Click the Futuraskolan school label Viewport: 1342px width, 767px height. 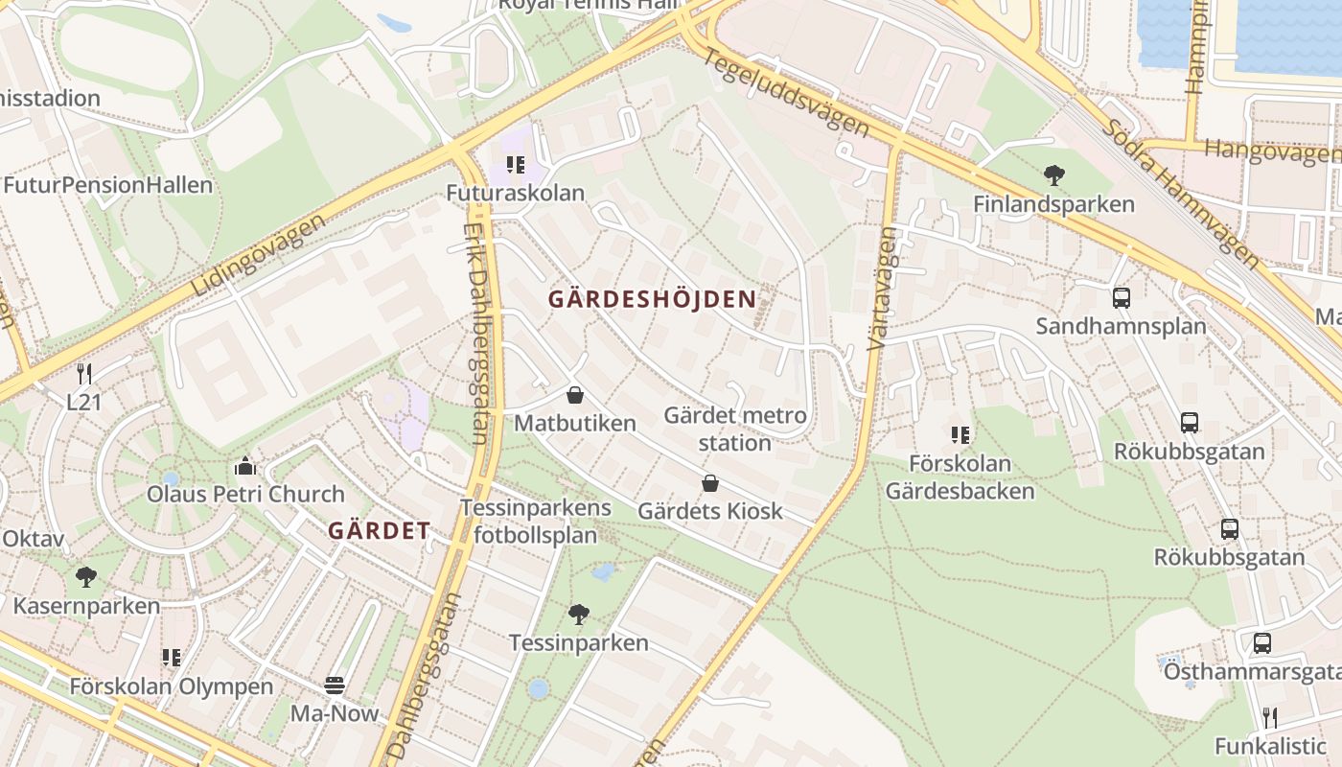click(515, 193)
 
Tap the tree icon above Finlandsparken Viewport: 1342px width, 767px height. click(1054, 174)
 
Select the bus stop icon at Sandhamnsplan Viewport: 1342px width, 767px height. click(1121, 297)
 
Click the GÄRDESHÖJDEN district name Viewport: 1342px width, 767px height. click(652, 299)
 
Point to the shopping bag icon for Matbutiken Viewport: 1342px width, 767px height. click(575, 394)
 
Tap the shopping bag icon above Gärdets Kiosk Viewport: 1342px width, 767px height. click(710, 482)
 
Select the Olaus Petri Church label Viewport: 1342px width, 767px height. click(245, 495)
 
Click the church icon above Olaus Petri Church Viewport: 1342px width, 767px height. click(245, 466)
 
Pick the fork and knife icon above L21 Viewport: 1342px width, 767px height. click(84, 374)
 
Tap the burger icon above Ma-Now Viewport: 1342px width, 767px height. click(335, 685)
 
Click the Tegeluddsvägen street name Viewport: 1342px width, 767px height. click(786, 93)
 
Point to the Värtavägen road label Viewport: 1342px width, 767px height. click(883, 288)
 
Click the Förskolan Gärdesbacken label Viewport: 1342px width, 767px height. click(960, 477)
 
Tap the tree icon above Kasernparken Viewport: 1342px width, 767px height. click(86, 576)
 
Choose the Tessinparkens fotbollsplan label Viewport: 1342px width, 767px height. click(535, 522)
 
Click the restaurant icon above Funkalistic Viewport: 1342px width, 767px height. click(1269, 717)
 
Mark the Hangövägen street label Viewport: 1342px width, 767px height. click(1271, 151)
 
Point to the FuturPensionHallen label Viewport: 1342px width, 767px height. click(107, 185)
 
